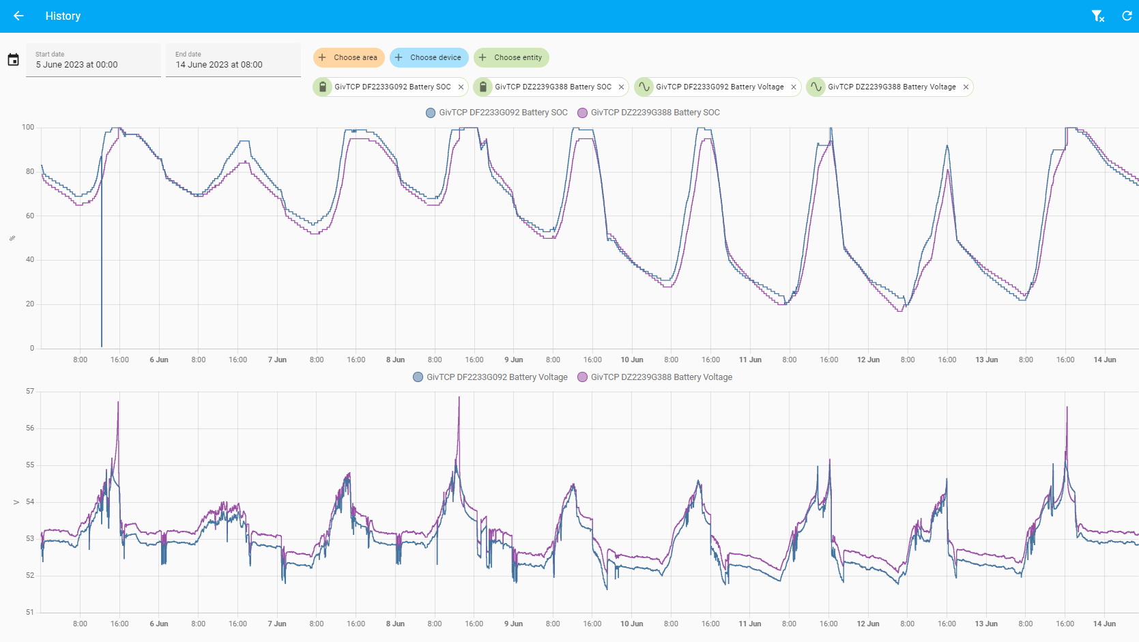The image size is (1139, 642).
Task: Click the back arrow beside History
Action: (x=18, y=16)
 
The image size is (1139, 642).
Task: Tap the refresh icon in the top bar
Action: (x=1127, y=16)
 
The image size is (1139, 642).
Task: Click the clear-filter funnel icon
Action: (x=1098, y=16)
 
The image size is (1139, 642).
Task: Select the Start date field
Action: (x=93, y=60)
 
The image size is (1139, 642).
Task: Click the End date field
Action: (x=233, y=60)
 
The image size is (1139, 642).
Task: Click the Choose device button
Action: (x=429, y=57)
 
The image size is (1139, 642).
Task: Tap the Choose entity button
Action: (x=511, y=57)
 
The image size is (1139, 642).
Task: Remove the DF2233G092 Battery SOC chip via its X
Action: (x=461, y=87)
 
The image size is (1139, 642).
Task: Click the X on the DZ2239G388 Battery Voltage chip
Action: (x=966, y=87)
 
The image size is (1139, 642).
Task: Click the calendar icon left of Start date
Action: (x=13, y=59)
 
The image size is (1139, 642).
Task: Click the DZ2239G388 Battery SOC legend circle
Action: (x=582, y=113)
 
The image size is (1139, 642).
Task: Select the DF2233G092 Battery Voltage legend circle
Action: (x=418, y=377)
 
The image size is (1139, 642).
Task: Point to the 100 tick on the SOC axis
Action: (x=28, y=127)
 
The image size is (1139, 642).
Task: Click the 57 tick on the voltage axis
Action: (x=30, y=392)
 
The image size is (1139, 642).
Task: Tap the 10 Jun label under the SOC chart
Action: (x=631, y=360)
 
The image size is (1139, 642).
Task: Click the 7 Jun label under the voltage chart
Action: (x=277, y=624)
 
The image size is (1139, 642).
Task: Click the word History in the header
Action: (x=63, y=16)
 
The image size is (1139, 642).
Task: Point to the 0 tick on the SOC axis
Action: (x=32, y=348)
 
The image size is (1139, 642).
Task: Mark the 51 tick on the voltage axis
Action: (x=30, y=612)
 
